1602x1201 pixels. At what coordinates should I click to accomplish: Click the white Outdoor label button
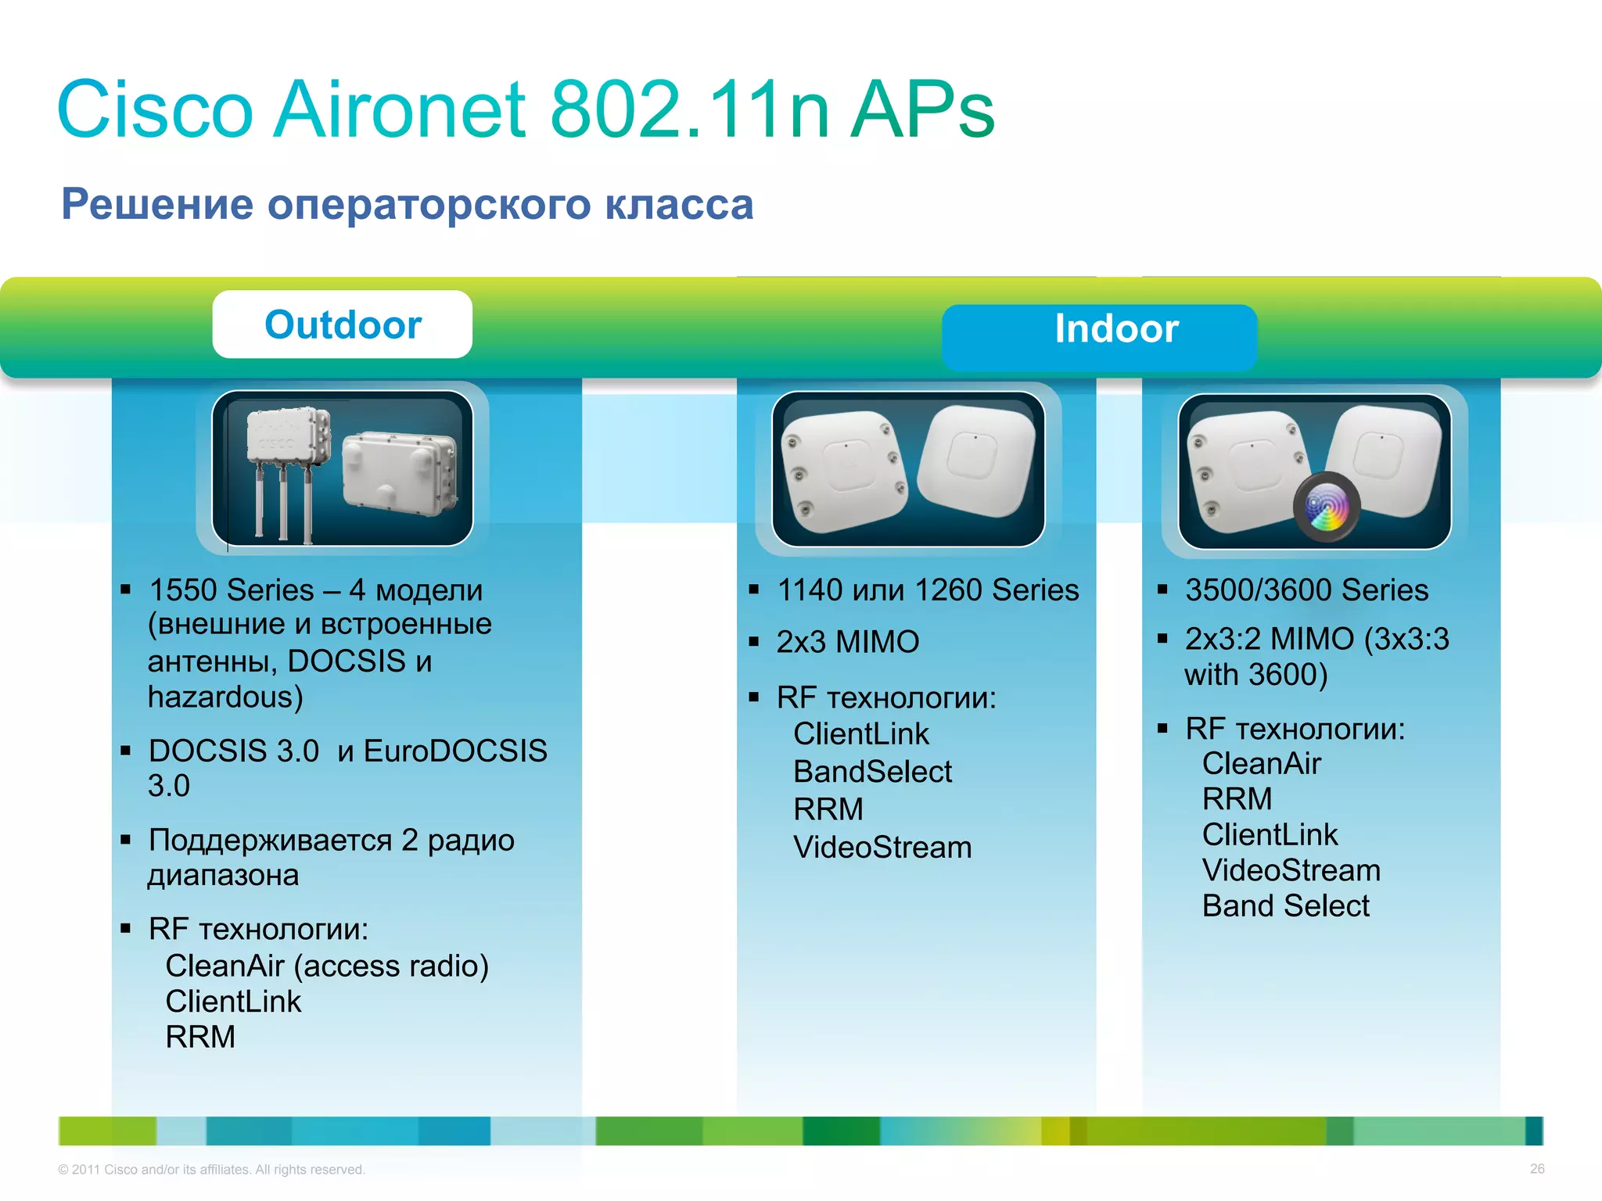coord(343,324)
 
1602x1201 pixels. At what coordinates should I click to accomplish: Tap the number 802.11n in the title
coord(689,110)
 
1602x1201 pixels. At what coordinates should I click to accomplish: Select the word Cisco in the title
coord(155,110)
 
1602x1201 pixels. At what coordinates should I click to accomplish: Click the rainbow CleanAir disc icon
coord(1327,509)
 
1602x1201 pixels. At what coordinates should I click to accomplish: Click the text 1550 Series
coord(232,590)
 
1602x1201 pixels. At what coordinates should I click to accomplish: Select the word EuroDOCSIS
coord(455,751)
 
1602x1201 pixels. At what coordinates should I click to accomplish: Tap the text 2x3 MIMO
coord(847,642)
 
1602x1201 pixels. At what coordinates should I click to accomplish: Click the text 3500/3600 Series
coord(1306,590)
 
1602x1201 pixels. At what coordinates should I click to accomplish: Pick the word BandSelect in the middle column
coord(872,772)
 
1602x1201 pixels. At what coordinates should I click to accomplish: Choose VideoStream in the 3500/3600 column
coord(1291,870)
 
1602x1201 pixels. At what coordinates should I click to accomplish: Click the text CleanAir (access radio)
coord(327,966)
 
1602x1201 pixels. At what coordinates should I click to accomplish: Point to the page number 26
coord(1536,1169)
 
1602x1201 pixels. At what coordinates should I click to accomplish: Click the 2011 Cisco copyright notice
coord(211,1170)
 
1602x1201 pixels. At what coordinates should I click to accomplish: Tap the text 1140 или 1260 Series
coord(928,590)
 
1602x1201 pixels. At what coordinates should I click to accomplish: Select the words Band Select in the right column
coord(1285,906)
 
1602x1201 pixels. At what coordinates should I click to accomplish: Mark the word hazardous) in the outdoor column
coord(225,697)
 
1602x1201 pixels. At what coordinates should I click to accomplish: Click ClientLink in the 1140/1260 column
coord(860,734)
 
